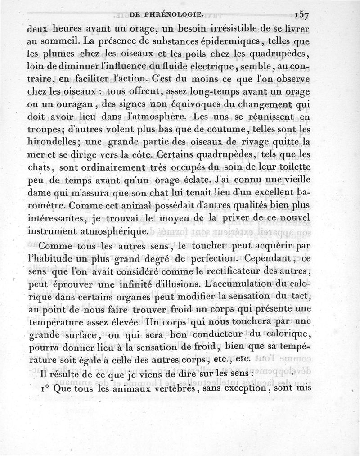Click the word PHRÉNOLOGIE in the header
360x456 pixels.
(x=166, y=14)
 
